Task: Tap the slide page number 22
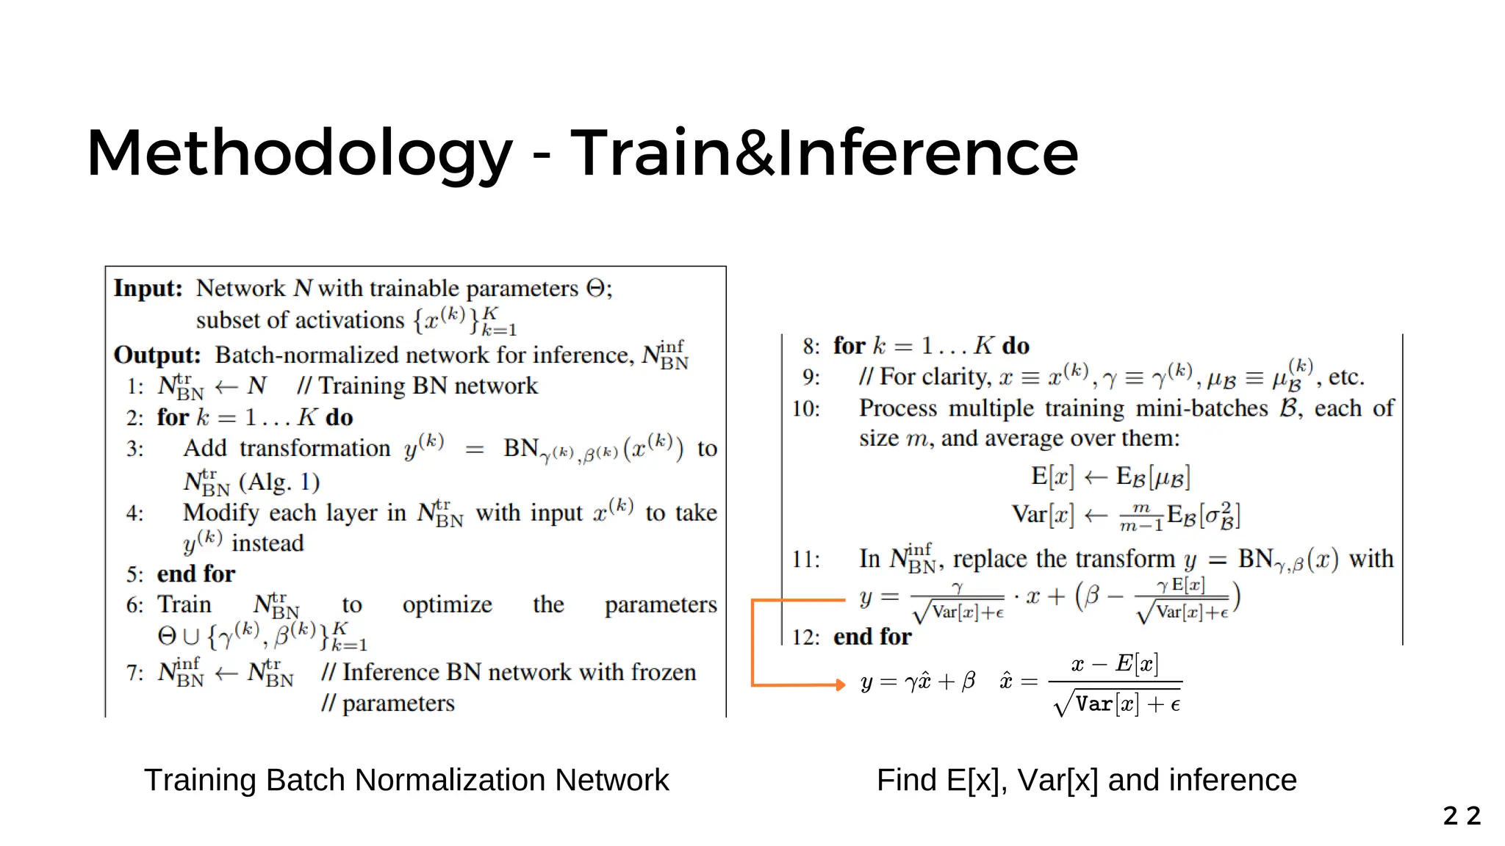tap(1462, 816)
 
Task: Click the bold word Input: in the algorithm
tap(148, 288)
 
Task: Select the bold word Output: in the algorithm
tap(157, 355)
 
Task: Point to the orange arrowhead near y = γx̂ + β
tap(840, 684)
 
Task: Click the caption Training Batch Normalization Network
tap(406, 780)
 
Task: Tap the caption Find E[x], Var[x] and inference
tap(1086, 780)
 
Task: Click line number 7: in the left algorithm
tap(135, 673)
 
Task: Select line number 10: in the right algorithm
tap(805, 408)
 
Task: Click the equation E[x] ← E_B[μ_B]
tap(1110, 477)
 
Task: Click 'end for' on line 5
tap(196, 574)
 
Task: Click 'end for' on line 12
tap(872, 637)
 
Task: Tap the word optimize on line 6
tap(447, 604)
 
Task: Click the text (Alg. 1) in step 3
tap(279, 482)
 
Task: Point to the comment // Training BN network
tap(417, 386)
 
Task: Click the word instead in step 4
tap(267, 543)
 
